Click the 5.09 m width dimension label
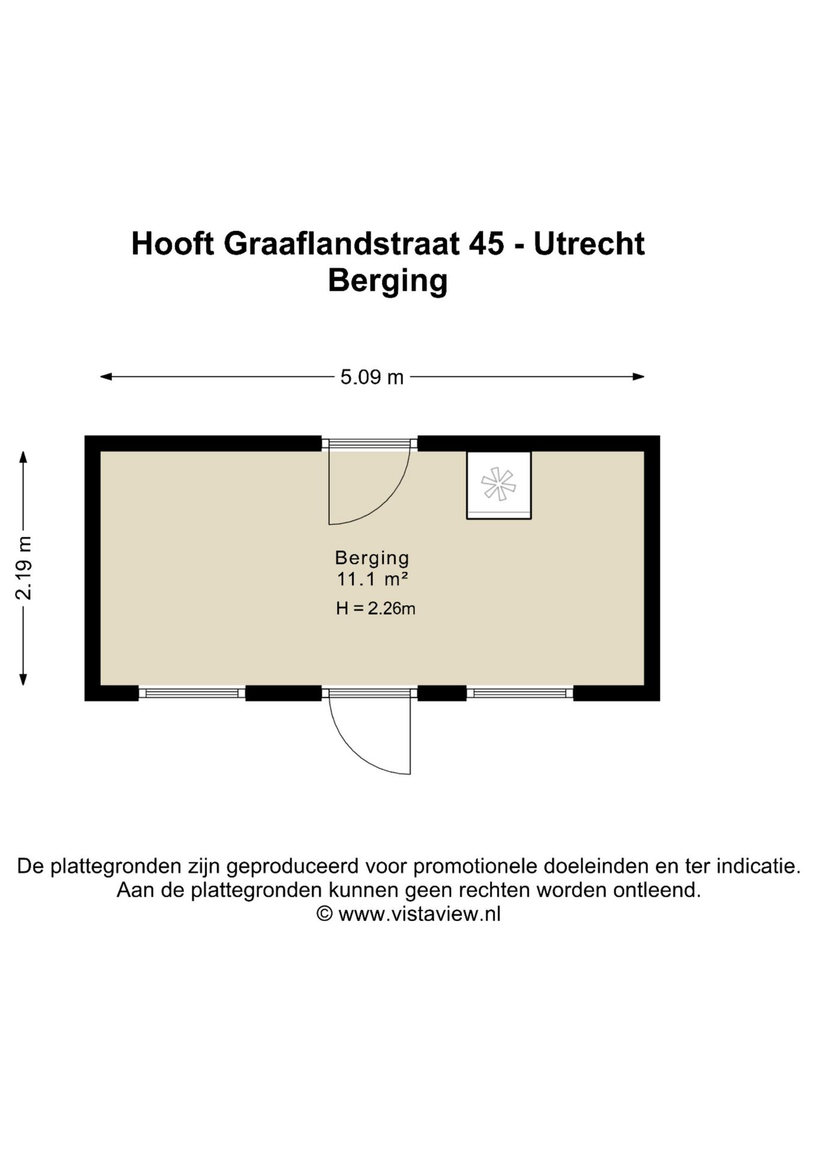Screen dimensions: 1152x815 371,377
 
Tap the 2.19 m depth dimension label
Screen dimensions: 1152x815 23,568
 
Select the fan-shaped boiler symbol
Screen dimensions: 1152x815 498,484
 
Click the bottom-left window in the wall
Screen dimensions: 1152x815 192,693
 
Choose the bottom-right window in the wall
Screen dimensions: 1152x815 520,693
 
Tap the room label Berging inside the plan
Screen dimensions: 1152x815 372,558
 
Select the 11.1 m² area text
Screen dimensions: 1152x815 372,580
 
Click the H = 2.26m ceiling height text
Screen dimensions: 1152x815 376,608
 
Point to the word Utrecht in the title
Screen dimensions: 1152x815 589,244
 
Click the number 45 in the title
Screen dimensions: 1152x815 487,244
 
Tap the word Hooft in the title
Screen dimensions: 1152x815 173,244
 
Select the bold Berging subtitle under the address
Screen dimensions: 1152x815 388,280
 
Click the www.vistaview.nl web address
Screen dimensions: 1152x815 419,914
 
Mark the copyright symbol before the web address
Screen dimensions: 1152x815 325,914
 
